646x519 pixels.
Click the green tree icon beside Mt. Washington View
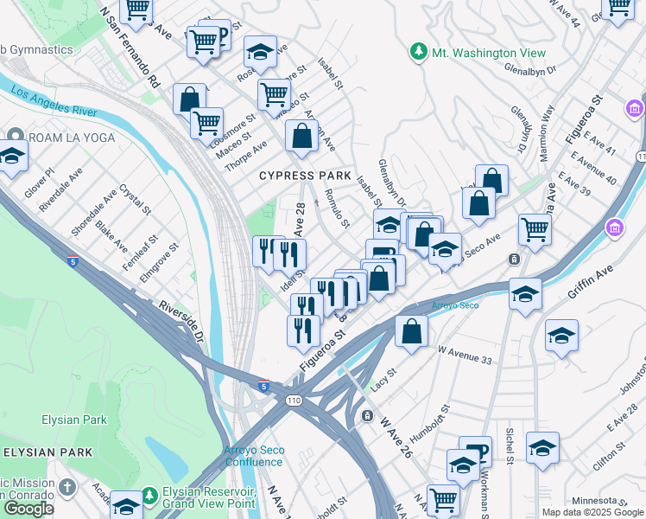click(419, 52)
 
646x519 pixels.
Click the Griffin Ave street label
click(597, 283)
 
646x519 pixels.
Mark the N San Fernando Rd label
click(130, 48)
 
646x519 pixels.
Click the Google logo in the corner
click(28, 509)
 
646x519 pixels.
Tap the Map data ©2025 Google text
click(592, 512)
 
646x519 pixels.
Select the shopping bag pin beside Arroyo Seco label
click(412, 330)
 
